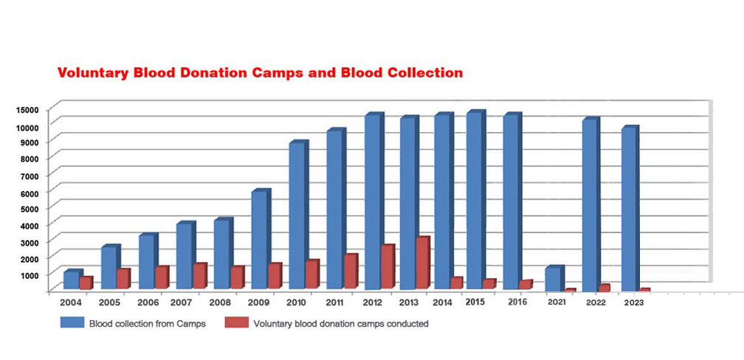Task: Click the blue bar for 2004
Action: [x=71, y=280]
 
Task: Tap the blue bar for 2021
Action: [x=552, y=279]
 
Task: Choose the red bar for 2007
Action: [x=199, y=277]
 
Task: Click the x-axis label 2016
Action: [x=517, y=302]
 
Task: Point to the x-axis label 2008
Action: [x=219, y=302]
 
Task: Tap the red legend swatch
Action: [x=235, y=322]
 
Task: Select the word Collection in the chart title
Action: [x=421, y=73]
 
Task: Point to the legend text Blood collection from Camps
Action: [x=147, y=323]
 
